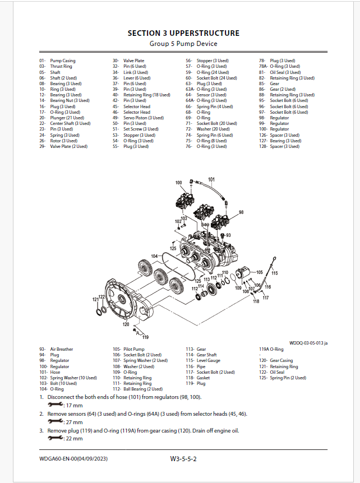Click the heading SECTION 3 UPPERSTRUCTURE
[183, 33]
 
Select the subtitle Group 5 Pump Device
[183, 44]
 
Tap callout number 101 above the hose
[211, 180]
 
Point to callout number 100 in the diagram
[178, 183]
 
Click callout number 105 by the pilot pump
[259, 272]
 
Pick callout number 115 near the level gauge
[275, 273]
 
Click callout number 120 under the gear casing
[126, 324]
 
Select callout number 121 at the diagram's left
[95, 300]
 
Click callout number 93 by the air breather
[228, 235]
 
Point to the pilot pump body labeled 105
[245, 275]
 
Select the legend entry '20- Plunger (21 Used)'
[61, 118]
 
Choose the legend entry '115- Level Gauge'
[202, 361]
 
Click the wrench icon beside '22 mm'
[56, 438]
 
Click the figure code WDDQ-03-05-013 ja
[309, 342]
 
